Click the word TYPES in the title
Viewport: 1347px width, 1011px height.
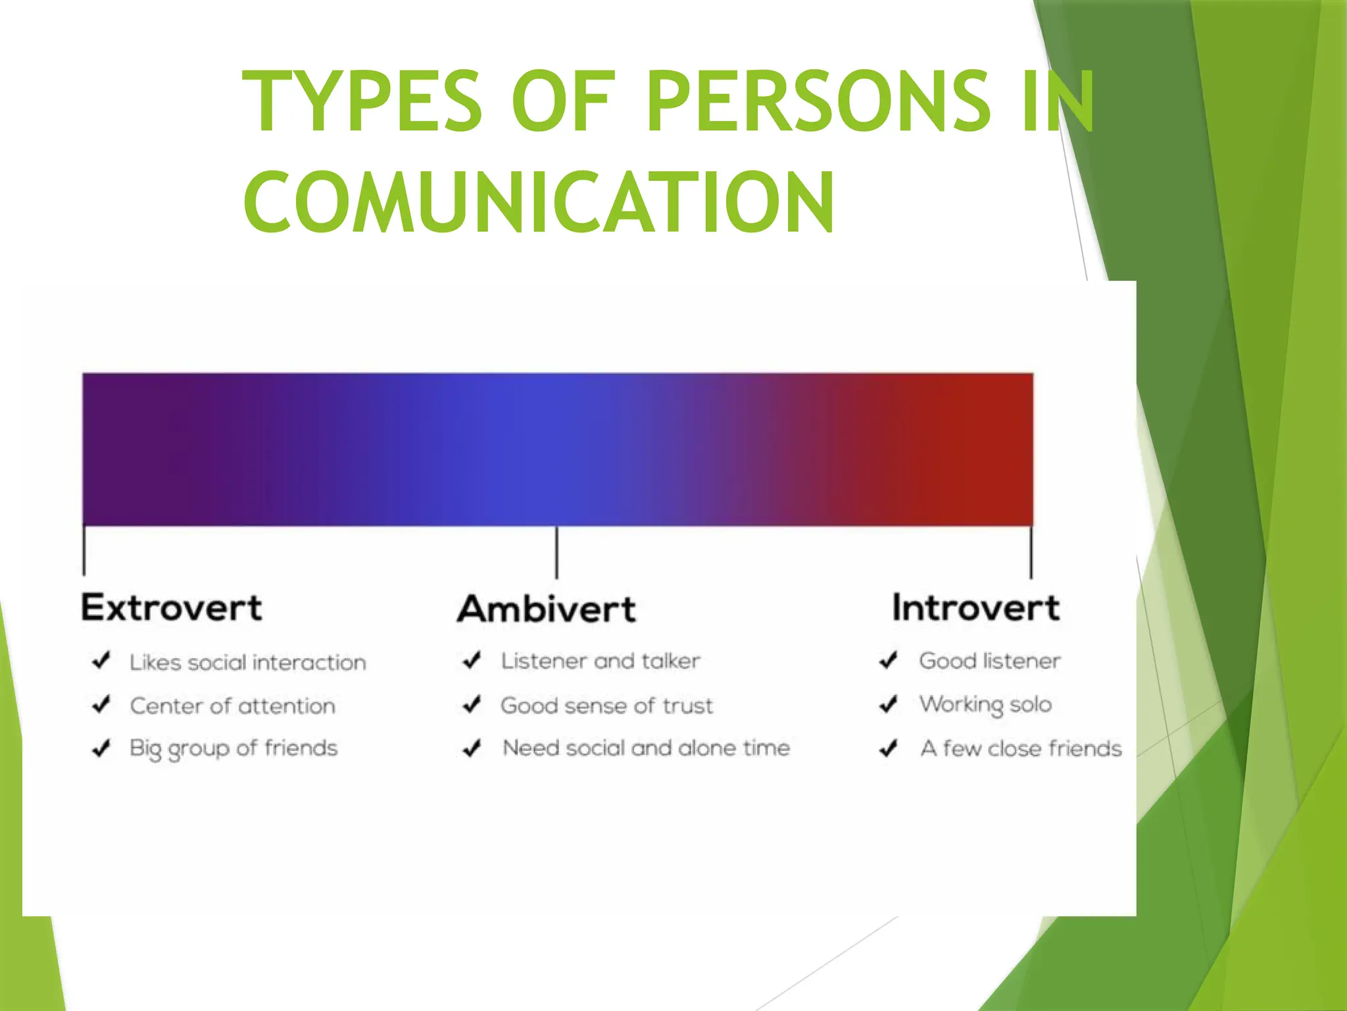[362, 101]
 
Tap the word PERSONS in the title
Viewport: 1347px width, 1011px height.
[818, 101]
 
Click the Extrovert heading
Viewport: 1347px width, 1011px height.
[172, 608]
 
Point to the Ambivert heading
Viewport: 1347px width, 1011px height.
[547, 609]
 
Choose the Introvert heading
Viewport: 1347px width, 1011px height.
[975, 608]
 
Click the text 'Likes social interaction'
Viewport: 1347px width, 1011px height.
[247, 662]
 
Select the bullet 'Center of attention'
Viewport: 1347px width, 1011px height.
[232, 706]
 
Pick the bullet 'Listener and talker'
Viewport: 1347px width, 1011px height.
[600, 661]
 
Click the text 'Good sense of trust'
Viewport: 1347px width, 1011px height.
[606, 706]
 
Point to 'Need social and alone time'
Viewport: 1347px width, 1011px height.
[646, 748]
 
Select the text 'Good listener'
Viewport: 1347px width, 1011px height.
[989, 661]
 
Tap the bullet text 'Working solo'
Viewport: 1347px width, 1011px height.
[985, 705]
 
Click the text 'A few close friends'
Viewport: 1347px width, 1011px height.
[1021, 749]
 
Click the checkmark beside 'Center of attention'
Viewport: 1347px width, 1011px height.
[101, 705]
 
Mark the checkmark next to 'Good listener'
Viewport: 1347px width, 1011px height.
[889, 660]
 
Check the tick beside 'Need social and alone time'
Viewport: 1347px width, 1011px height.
[472, 748]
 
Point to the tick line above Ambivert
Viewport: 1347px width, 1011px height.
[556, 552]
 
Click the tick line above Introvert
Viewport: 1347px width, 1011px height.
[1031, 552]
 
